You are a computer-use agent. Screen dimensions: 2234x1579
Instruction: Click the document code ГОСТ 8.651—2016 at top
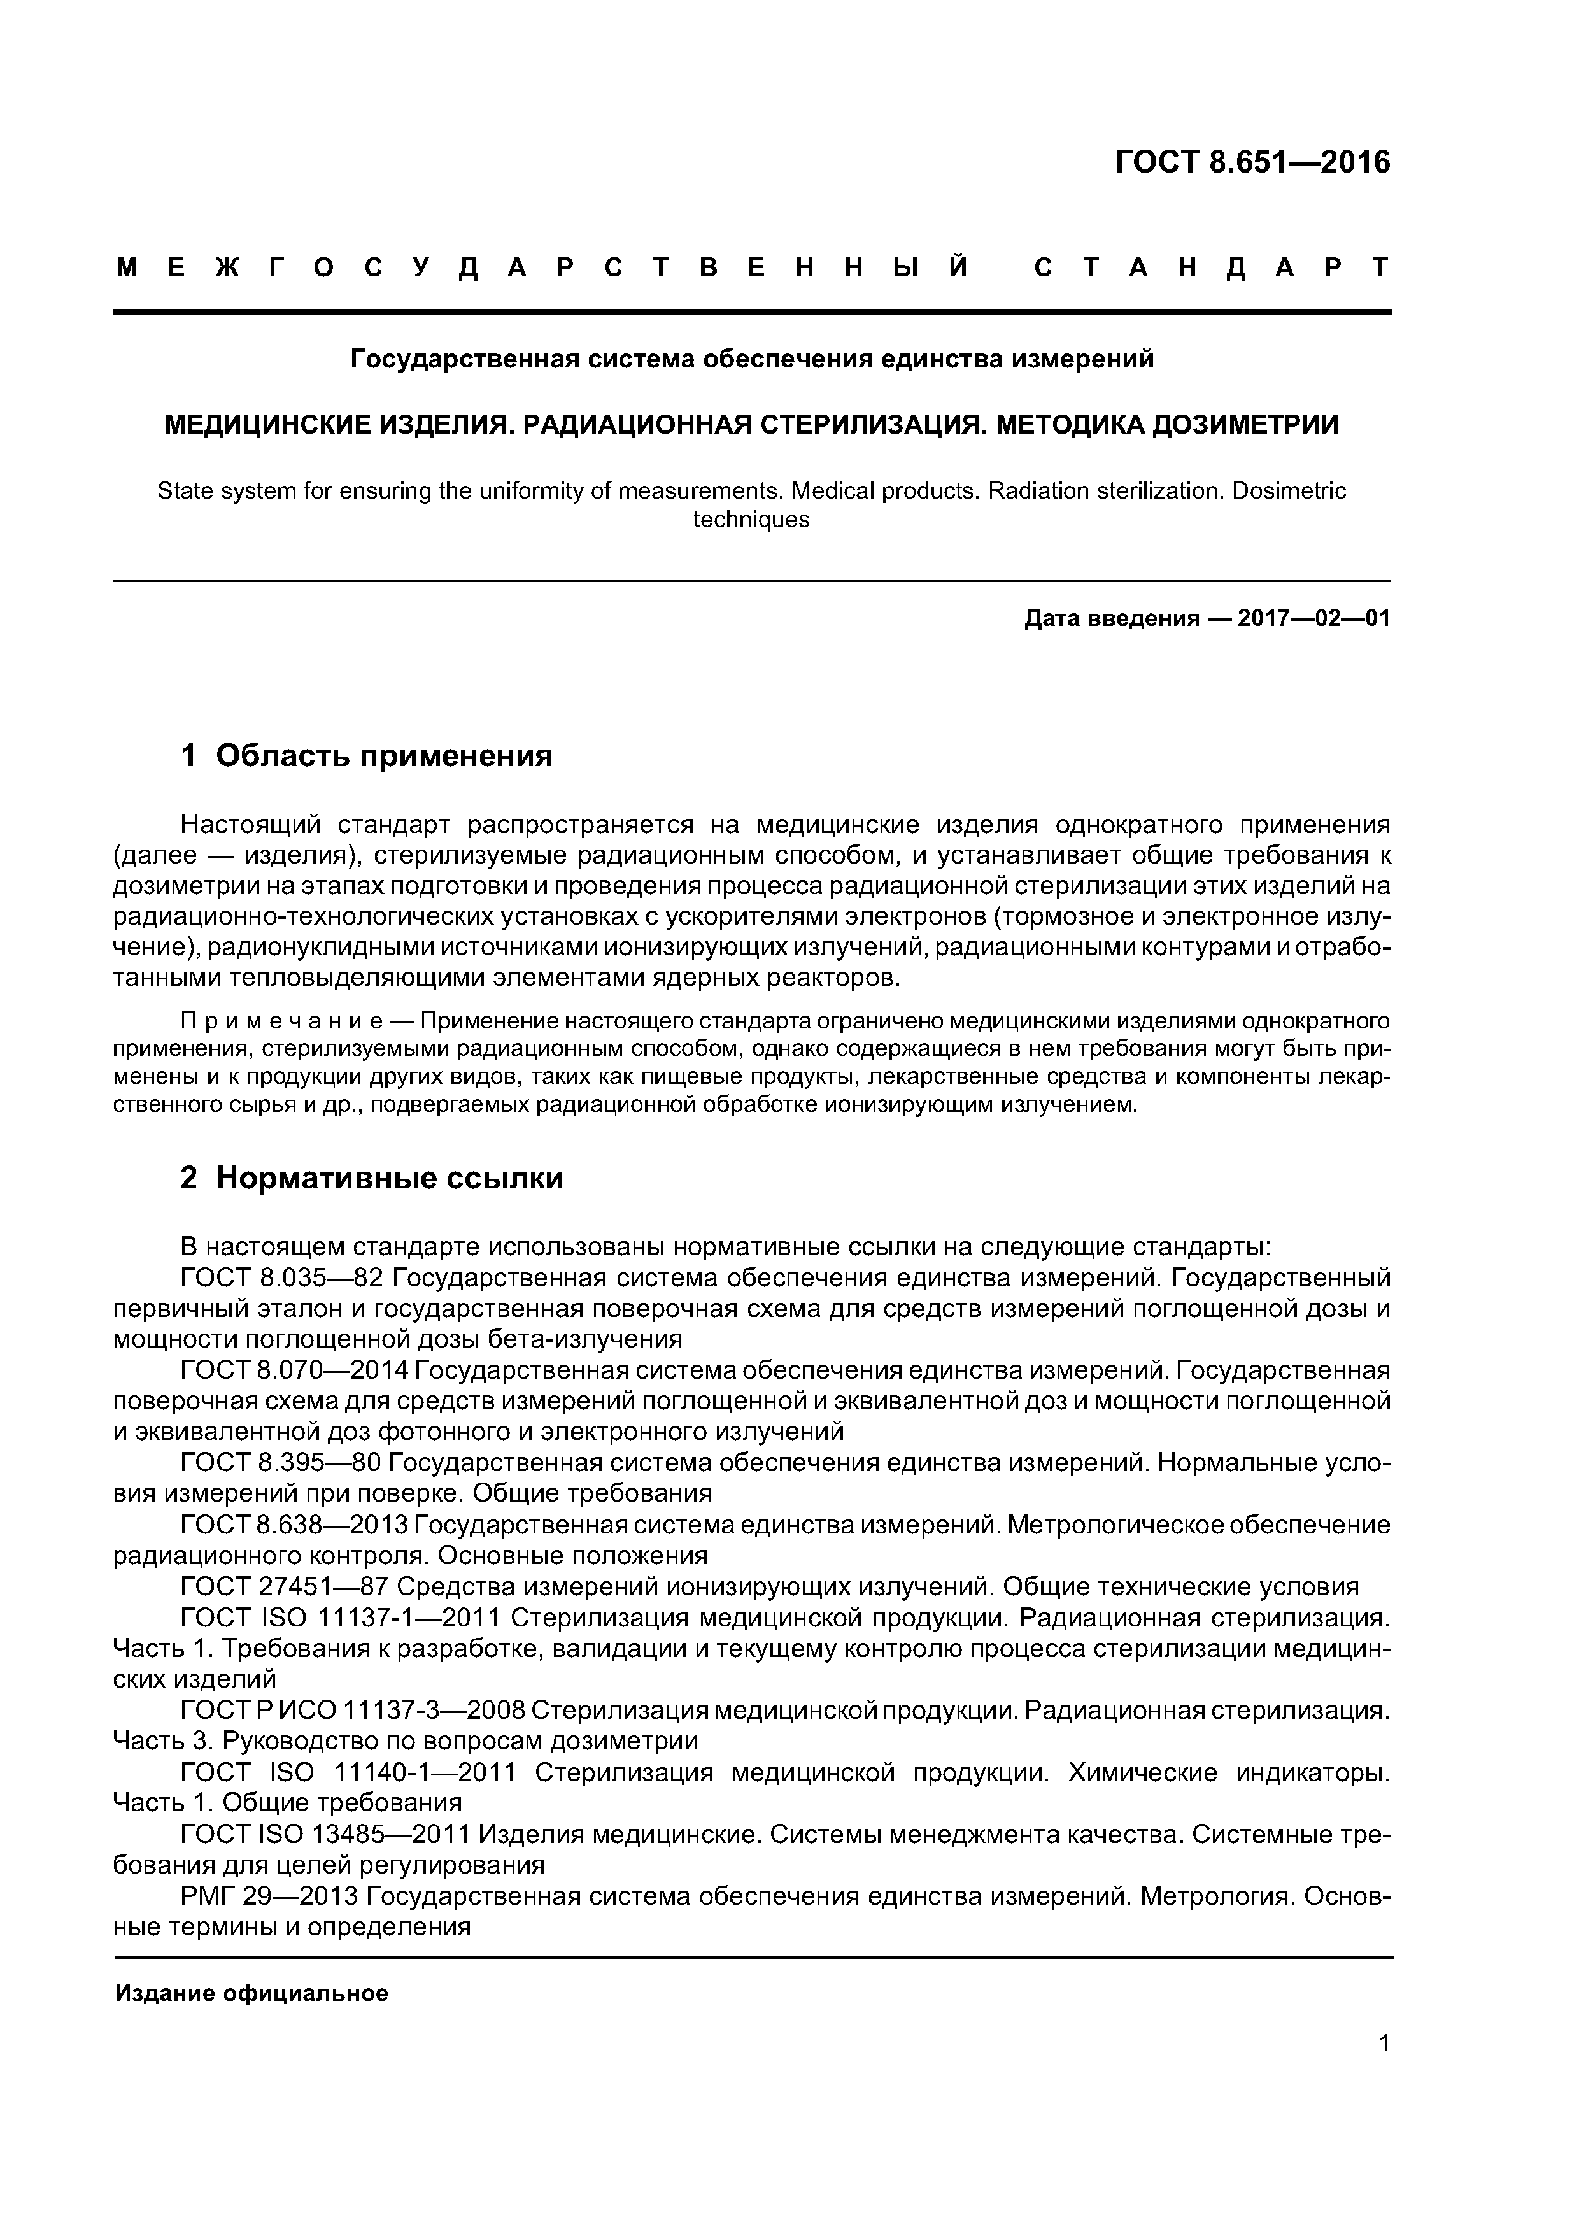(1252, 162)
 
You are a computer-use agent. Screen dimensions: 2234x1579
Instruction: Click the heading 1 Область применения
(367, 755)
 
